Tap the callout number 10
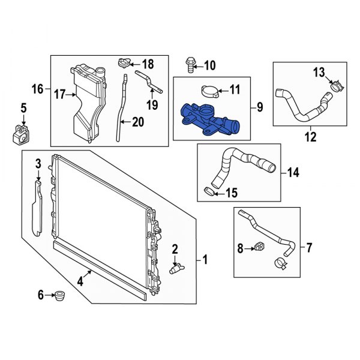[x=209, y=65]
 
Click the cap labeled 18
[x=123, y=62]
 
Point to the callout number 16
[x=37, y=89]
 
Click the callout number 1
[x=205, y=260]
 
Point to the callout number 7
[x=310, y=247]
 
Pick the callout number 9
[x=259, y=107]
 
